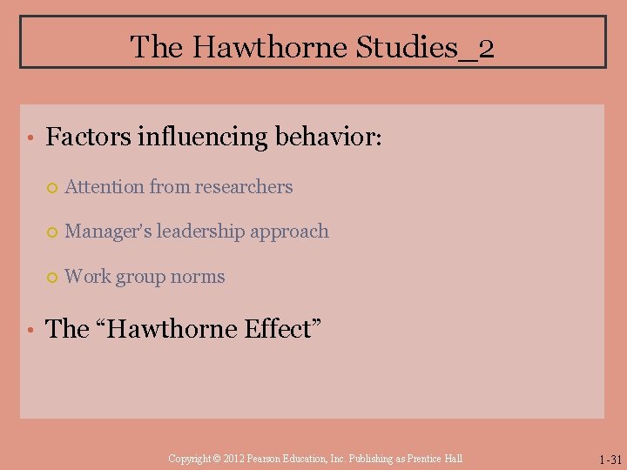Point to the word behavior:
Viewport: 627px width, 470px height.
tap(329, 137)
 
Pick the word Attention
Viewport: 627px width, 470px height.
tap(104, 186)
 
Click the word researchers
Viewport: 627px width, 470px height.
tap(245, 186)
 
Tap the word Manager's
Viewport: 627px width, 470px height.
tap(107, 232)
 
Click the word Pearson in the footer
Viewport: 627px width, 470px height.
tap(266, 459)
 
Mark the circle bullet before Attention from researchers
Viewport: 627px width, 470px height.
tap(51, 187)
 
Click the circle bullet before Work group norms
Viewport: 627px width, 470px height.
tap(51, 278)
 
